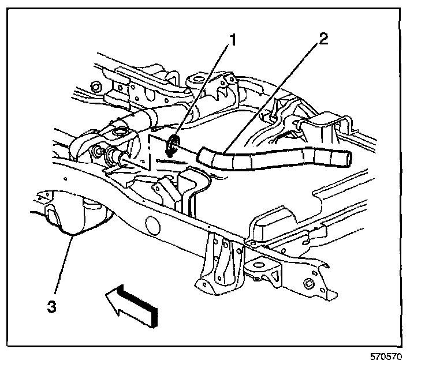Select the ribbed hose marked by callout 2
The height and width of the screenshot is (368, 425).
tap(271, 159)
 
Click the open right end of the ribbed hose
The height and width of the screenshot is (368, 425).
tap(345, 156)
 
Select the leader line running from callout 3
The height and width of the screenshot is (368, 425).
tap(62, 268)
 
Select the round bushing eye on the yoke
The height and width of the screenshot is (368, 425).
tap(121, 134)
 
